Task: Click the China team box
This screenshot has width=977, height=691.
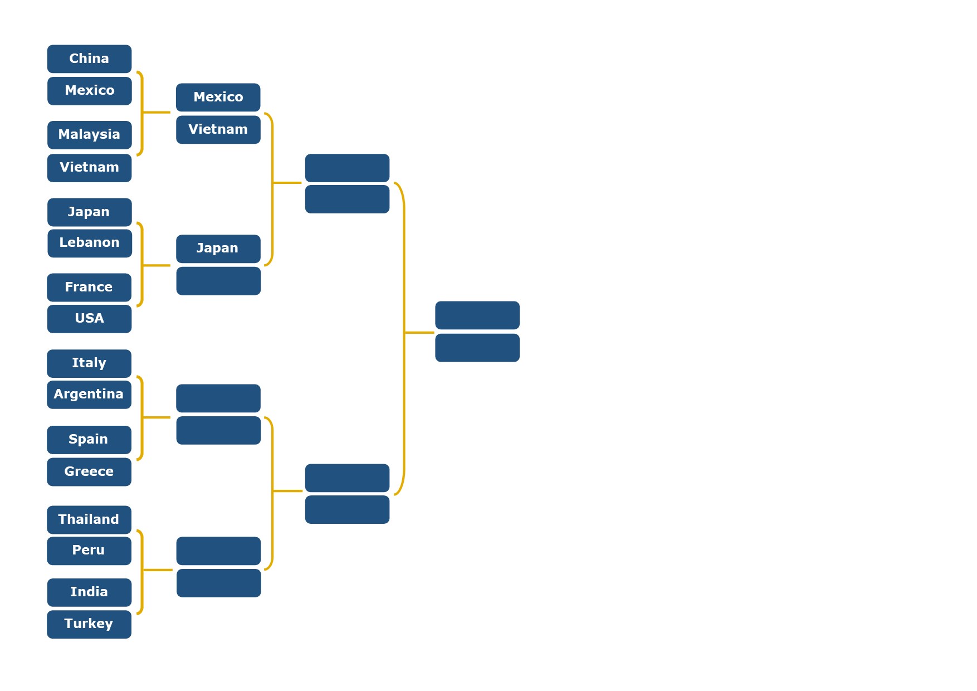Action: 89,59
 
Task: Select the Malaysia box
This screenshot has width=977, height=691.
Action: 89,135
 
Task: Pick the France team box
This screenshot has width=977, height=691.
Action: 89,288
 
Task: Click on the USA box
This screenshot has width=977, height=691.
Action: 89,319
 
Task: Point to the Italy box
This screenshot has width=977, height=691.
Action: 89,363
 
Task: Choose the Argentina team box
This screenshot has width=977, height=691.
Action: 89,395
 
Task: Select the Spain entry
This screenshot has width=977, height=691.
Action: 89,440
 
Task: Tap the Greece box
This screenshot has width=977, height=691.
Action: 89,472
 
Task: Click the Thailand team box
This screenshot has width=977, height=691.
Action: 89,520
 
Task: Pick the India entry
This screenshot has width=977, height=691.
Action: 89,592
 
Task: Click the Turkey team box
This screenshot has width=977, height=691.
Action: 89,624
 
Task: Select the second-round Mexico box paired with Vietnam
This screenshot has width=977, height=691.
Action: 218,98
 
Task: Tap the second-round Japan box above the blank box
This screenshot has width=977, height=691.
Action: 218,249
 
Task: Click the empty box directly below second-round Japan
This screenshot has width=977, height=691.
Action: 218,281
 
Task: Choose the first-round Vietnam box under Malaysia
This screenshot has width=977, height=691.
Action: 89,168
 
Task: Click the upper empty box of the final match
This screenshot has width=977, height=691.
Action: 477,315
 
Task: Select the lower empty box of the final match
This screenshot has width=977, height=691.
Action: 477,348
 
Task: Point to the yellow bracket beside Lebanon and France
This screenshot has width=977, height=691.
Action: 143,265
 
